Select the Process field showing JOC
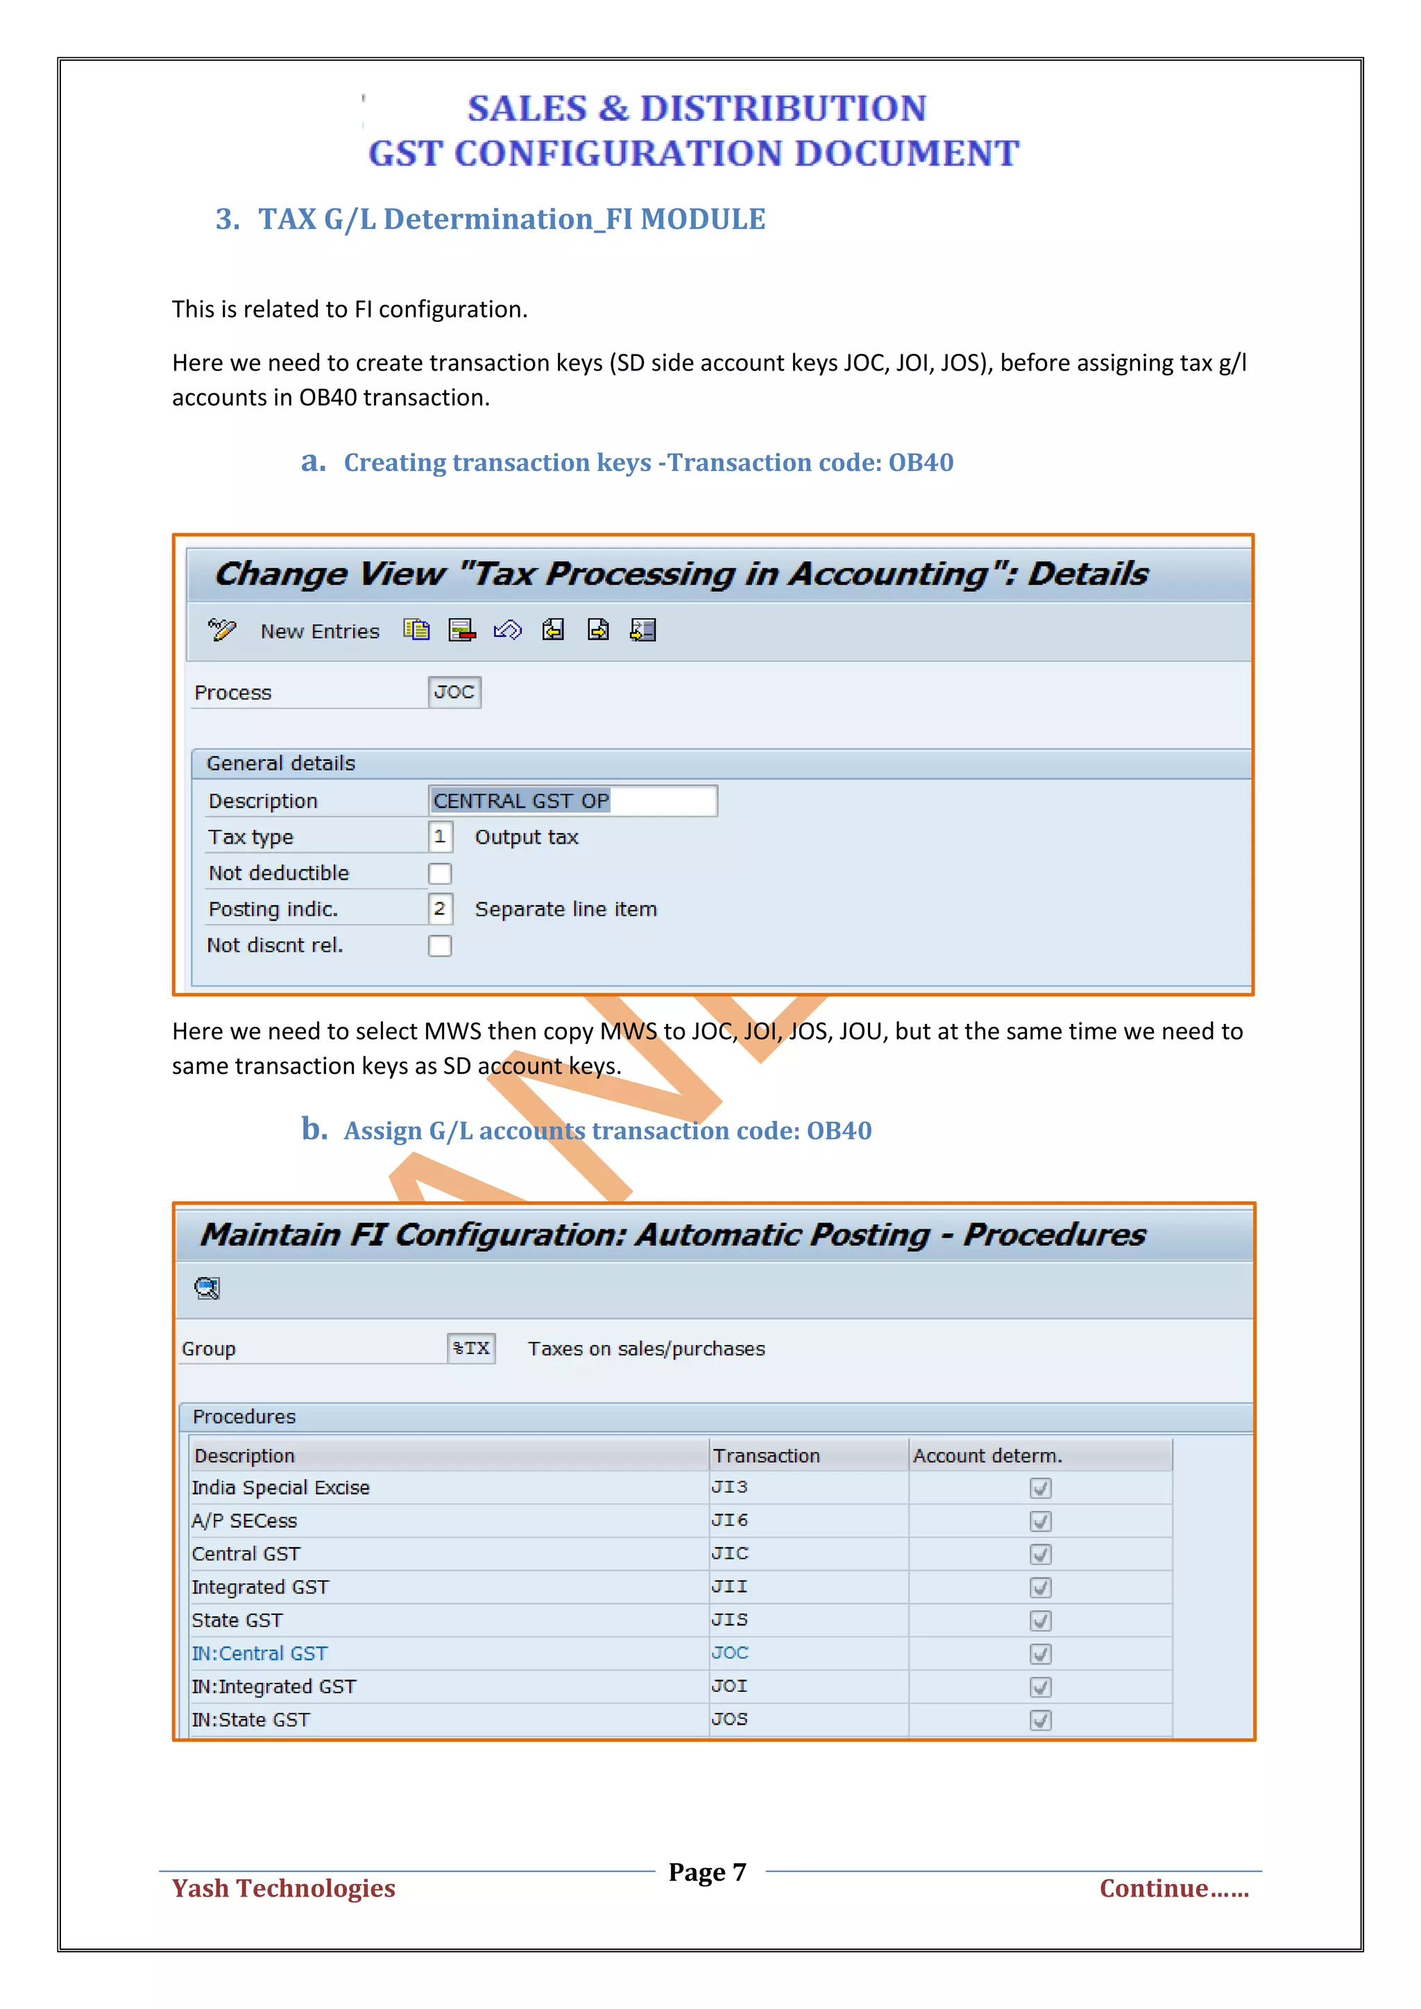tap(454, 692)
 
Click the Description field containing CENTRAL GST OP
tap(572, 801)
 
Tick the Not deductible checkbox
tap(440, 873)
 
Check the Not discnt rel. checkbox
tap(440, 946)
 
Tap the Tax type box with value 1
tap(440, 837)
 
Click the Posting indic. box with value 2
tap(440, 909)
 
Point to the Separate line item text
tap(565, 909)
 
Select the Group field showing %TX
tap(470, 1349)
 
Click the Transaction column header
tap(767, 1455)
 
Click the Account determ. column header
tap(987, 1455)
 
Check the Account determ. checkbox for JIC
tap(1040, 1554)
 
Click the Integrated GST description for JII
tap(260, 1587)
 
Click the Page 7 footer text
tap(707, 1872)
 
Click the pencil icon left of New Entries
tap(221, 630)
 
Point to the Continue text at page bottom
tap(1173, 1888)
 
